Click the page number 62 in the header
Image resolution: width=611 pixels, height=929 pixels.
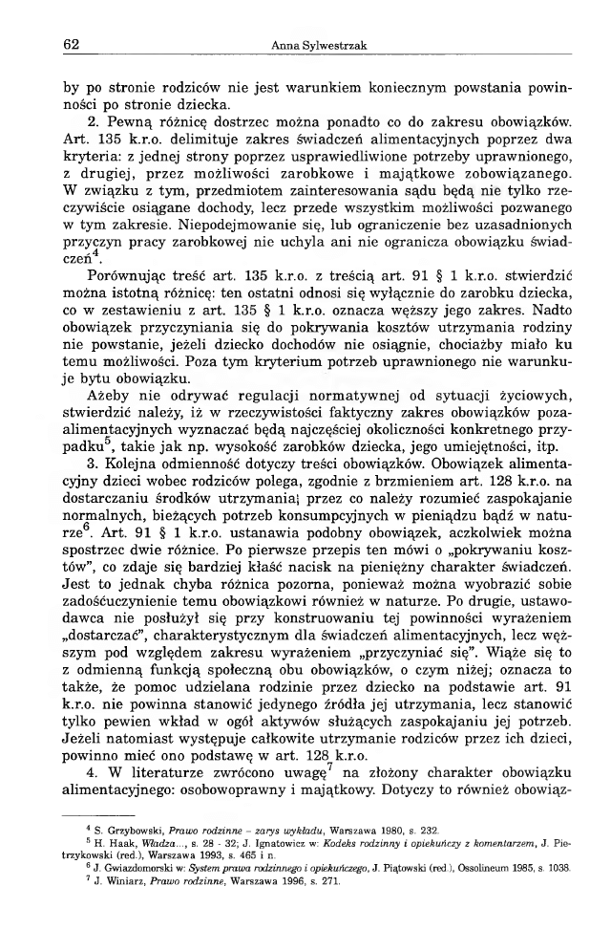point(69,45)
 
